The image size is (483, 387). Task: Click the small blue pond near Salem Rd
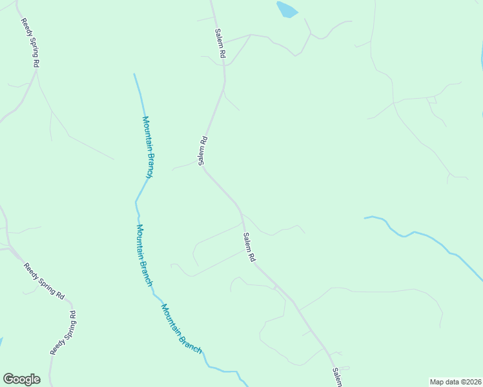pyautogui.click(x=287, y=9)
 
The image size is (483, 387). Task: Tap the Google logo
pyautogui.click(x=21, y=379)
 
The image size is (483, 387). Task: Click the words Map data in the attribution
pyautogui.click(x=445, y=382)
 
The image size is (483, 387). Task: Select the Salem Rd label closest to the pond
pyautogui.click(x=220, y=45)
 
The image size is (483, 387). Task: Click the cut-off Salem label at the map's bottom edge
pyautogui.click(x=336, y=377)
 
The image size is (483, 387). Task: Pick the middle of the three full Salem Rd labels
pyautogui.click(x=203, y=150)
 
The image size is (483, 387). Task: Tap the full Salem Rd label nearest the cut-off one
pyautogui.click(x=249, y=247)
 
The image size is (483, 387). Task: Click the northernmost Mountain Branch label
pyautogui.click(x=148, y=147)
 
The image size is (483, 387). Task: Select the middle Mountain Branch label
pyautogui.click(x=145, y=255)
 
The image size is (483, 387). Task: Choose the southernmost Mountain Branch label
pyautogui.click(x=181, y=329)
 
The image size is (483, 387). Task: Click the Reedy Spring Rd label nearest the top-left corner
pyautogui.click(x=30, y=43)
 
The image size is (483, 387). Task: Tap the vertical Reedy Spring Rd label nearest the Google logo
pyautogui.click(x=63, y=333)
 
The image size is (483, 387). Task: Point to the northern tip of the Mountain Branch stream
pyautogui.click(x=134, y=75)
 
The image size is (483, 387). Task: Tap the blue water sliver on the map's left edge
pyautogui.click(x=1, y=342)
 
